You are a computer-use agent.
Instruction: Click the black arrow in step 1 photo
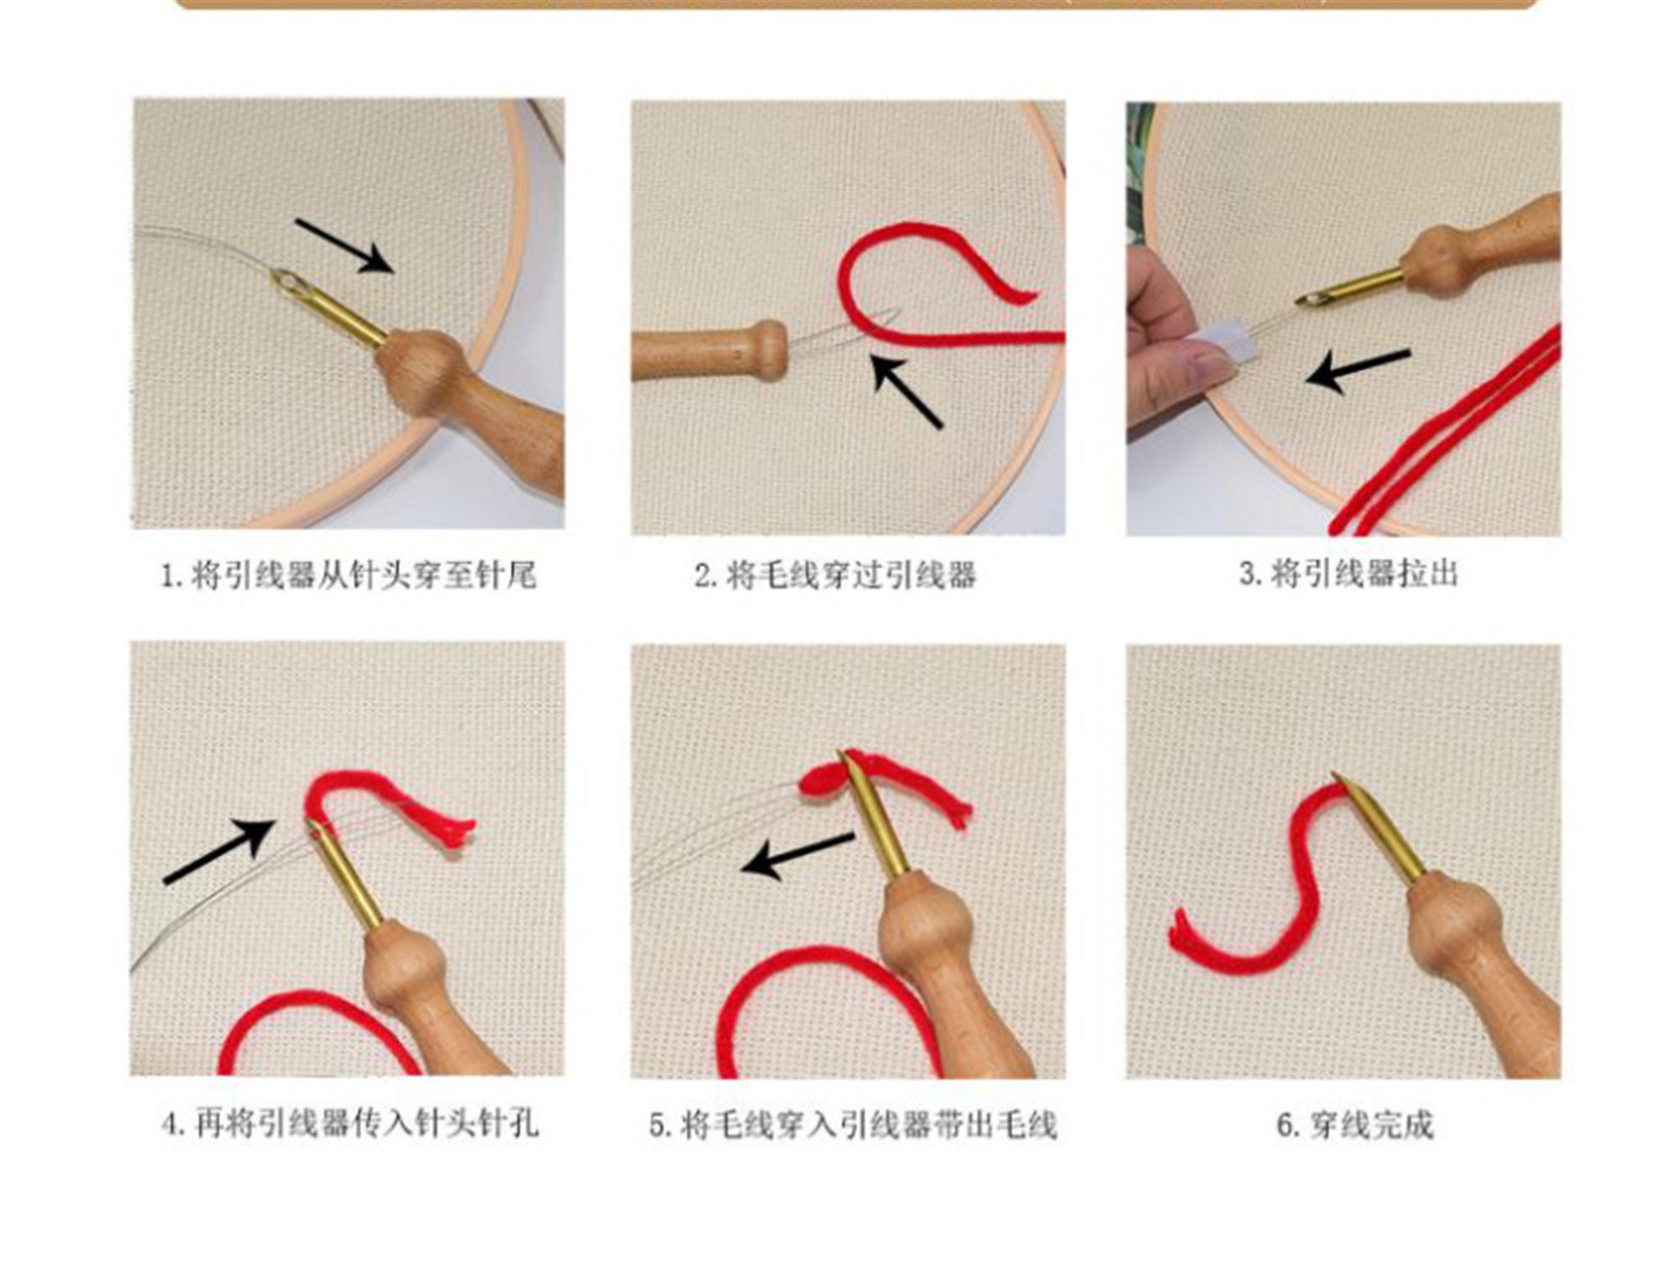coord(344,245)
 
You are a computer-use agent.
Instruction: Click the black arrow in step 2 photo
coord(906,391)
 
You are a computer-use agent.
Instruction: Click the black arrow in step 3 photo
coord(1358,370)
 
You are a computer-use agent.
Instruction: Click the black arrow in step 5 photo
coord(797,855)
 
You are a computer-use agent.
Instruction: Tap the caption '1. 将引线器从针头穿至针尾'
coord(348,576)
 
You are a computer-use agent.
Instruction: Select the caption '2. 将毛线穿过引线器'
coord(835,576)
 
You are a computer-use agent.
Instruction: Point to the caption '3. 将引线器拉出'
coord(1348,575)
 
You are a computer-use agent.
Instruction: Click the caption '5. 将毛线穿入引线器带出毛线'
coord(853,1125)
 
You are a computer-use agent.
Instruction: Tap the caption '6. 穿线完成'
coord(1355,1125)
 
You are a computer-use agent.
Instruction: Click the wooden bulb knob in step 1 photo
coord(419,370)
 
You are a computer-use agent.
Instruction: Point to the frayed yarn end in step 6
coord(1179,933)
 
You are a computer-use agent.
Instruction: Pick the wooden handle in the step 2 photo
coord(710,351)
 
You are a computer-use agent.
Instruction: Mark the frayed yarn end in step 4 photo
coord(459,831)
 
